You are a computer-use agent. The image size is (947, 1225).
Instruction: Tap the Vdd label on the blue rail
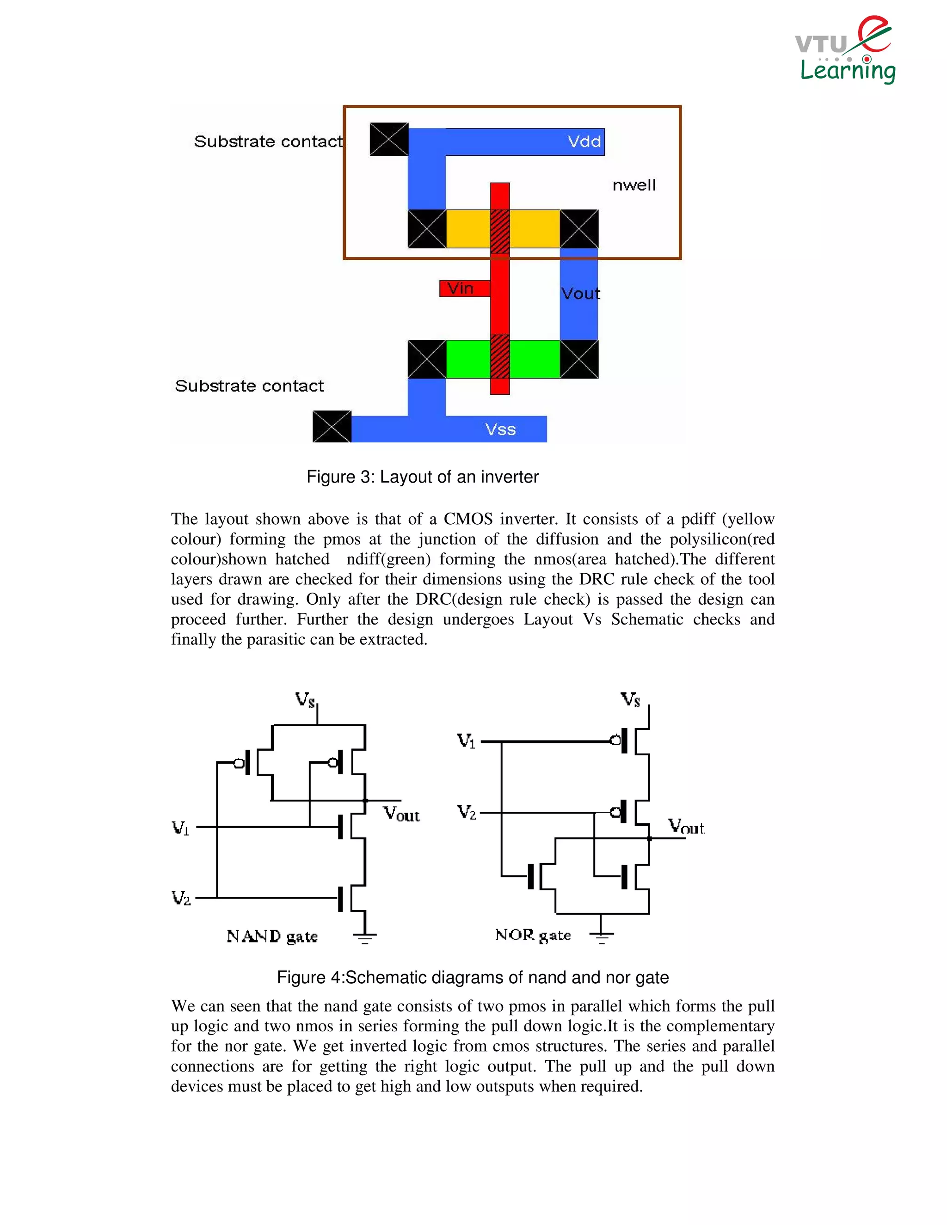pos(584,141)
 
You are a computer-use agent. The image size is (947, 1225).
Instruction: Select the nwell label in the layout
pos(634,185)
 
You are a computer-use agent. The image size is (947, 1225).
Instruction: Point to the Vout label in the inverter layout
pos(581,294)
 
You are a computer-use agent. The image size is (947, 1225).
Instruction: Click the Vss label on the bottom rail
pos(500,429)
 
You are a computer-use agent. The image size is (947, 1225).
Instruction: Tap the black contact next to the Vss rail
pos(332,426)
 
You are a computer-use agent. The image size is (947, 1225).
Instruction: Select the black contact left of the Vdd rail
pos(389,139)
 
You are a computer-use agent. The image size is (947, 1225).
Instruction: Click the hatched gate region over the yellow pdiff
pos(500,229)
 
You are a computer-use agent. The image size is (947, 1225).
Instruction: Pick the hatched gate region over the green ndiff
pos(500,358)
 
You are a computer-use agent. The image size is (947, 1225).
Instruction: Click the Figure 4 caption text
pos(473,977)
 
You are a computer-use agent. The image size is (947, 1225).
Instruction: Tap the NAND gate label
pos(272,936)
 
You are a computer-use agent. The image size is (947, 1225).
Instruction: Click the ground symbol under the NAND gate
pos(365,936)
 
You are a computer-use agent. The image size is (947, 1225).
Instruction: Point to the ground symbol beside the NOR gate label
pos(602,935)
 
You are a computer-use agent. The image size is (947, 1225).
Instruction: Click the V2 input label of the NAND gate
pos(181,898)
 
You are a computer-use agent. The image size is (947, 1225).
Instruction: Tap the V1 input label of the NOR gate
pos(466,741)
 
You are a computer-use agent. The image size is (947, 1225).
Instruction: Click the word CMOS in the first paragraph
pos(468,519)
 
